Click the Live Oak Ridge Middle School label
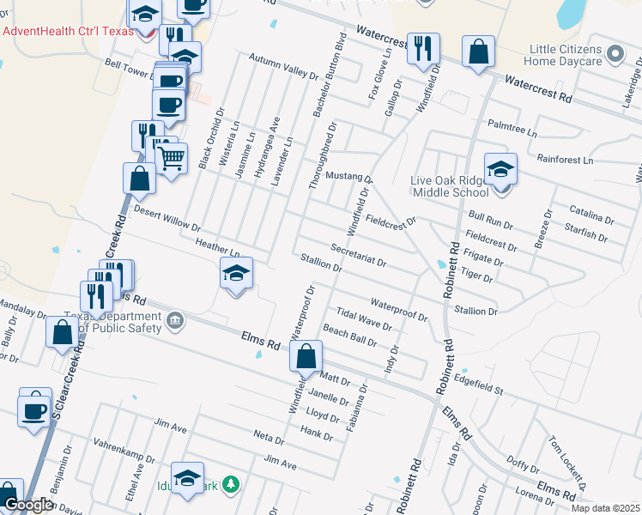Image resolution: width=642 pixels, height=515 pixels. point(450,183)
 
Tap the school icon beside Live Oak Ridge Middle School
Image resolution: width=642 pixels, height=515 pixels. point(500,168)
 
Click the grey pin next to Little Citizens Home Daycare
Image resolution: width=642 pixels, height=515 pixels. point(614,55)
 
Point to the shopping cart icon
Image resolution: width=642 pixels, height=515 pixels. point(172,158)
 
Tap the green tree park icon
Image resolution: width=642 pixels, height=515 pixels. point(229,485)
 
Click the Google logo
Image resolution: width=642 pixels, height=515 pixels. point(28,506)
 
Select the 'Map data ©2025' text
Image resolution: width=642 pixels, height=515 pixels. point(605,508)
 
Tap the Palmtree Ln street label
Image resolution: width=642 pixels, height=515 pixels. point(512,129)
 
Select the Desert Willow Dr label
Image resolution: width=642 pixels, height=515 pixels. point(167,219)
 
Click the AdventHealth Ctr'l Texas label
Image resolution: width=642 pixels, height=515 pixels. point(69,31)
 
